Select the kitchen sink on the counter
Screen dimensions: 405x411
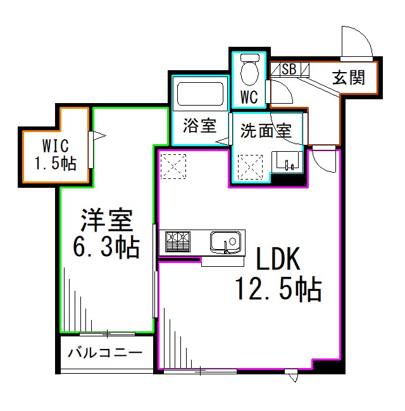225,242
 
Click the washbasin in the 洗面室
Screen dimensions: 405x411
289,163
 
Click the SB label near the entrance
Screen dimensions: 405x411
289,69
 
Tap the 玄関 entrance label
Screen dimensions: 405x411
348,78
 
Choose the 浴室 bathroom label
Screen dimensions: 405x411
199,126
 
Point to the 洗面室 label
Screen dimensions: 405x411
265,131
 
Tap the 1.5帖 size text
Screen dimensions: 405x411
55,163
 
